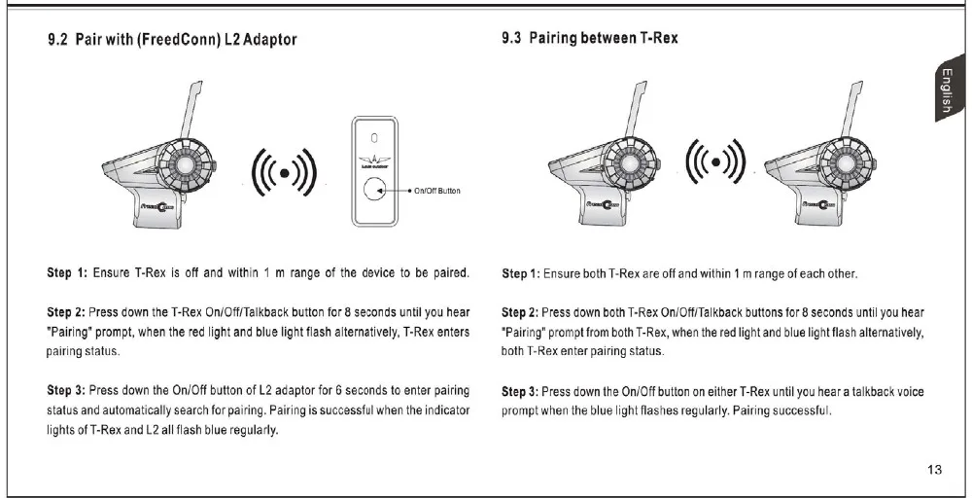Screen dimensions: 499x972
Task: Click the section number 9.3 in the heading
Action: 512,39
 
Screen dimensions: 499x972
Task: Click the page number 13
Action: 935,471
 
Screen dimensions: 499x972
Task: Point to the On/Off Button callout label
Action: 437,191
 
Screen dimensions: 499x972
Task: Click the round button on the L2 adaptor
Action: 375,190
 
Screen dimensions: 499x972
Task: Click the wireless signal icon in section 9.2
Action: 284,172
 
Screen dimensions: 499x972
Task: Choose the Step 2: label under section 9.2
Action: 67,315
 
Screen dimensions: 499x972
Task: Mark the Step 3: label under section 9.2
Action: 67,391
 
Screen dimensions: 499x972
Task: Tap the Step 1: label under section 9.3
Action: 520,273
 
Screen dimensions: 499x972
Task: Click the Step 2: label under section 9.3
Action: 520,313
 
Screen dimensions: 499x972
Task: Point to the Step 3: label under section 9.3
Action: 520,391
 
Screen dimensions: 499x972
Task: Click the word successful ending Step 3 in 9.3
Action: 804,410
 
